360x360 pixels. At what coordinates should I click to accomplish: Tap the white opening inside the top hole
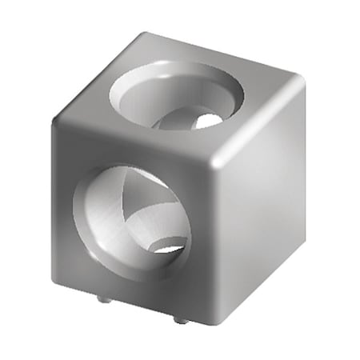point(206,122)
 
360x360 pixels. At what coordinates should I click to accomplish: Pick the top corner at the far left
point(58,122)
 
